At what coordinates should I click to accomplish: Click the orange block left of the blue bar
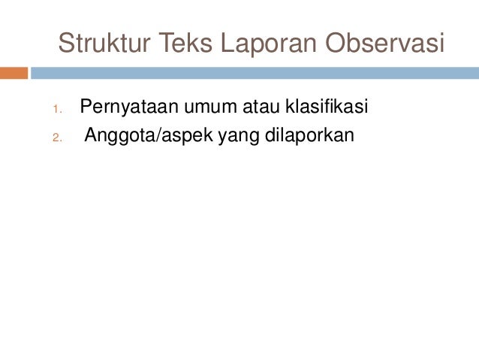14,74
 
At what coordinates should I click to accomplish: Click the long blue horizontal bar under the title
255,74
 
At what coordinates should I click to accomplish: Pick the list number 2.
56,138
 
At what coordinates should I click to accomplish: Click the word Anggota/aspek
149,137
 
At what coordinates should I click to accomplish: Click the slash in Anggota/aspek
153,137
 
